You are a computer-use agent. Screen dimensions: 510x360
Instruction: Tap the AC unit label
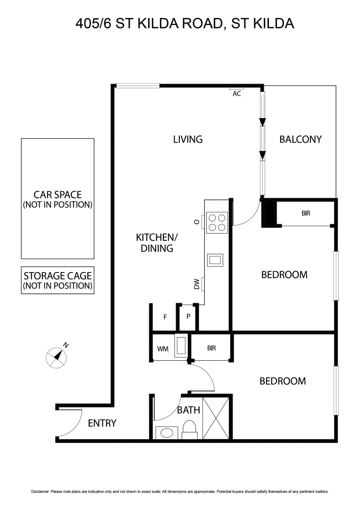tap(237, 93)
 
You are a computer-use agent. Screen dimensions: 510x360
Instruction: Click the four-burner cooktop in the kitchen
tap(217, 222)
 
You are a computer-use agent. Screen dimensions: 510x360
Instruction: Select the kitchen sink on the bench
tap(215, 260)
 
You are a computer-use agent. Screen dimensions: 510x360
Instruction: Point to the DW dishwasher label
tap(196, 284)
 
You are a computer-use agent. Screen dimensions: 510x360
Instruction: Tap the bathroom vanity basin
tap(166, 433)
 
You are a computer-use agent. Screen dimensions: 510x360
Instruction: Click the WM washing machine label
tap(162, 349)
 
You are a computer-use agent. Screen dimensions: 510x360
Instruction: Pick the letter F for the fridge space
tap(165, 317)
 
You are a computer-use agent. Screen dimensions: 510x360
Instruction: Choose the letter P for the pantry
tap(188, 316)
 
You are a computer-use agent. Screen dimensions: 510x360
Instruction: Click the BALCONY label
tap(300, 139)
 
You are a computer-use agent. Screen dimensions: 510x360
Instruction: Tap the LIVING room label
tap(187, 139)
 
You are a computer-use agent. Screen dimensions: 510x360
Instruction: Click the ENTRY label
tap(102, 423)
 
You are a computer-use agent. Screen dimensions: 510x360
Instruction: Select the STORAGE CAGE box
tap(58, 280)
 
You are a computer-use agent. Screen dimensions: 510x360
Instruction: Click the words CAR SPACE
tap(58, 195)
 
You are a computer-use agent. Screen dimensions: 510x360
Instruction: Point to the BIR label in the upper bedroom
tap(306, 213)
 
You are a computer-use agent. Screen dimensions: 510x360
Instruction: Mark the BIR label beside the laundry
tap(211, 348)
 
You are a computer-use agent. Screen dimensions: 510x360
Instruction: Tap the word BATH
tap(188, 410)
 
